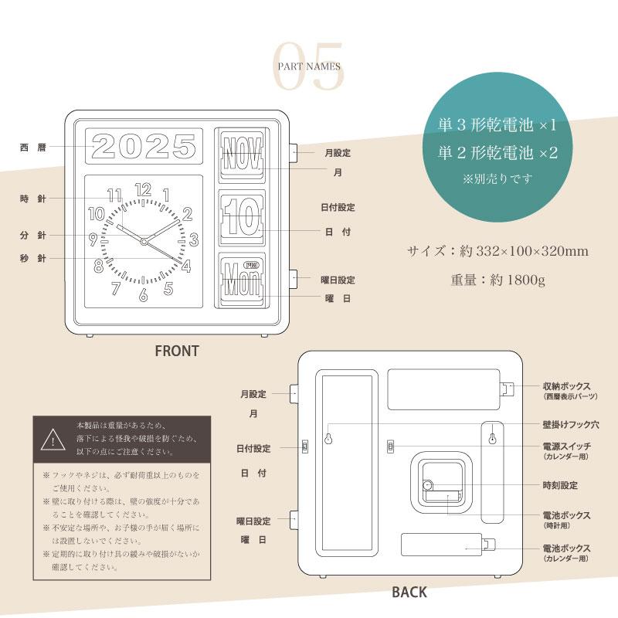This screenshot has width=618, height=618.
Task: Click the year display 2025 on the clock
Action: pyautogui.click(x=144, y=146)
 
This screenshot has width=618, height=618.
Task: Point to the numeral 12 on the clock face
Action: pyautogui.click(x=143, y=190)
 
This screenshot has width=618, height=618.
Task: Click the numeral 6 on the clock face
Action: pyautogui.click(x=143, y=294)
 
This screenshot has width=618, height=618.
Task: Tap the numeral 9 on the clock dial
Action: pyautogui.click(x=93, y=239)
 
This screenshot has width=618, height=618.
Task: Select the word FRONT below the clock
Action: pyautogui.click(x=177, y=351)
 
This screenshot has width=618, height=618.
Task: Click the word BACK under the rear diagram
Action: pyautogui.click(x=409, y=593)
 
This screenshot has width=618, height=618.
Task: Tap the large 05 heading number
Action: pyautogui.click(x=309, y=67)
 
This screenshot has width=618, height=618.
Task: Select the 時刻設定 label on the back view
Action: pyautogui.click(x=560, y=485)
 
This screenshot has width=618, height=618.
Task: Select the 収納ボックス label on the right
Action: pyautogui.click(x=566, y=385)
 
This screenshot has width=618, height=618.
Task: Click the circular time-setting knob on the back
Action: pyautogui.click(x=429, y=486)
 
